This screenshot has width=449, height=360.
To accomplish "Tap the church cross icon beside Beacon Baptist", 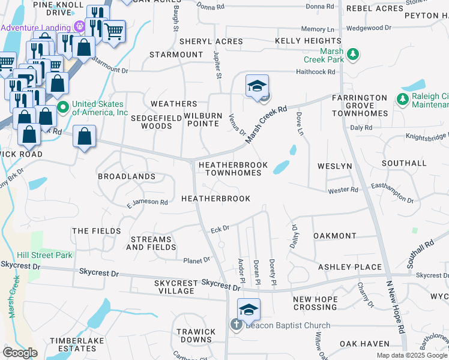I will coord(237,326).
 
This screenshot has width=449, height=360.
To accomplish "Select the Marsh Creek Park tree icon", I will coord(354,55).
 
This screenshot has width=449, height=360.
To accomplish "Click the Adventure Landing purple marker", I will coord(79,27).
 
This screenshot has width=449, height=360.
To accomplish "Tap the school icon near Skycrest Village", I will coord(249,310).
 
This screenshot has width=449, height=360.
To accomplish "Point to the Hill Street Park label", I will coord(45,255).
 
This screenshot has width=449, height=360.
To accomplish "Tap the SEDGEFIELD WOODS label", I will coord(156,122).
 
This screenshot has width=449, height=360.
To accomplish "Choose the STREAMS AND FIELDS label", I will coord(151,243).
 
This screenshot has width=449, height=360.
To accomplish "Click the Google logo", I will coord(20,353).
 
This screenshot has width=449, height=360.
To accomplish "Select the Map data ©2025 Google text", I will coord(412,355).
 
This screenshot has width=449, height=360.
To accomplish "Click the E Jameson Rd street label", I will coord(147,203).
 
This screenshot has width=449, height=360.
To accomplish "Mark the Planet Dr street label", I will coord(197,260).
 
